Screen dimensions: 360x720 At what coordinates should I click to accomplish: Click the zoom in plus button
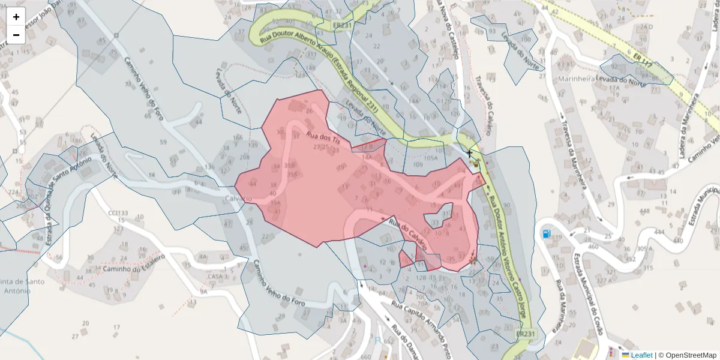point(16,17)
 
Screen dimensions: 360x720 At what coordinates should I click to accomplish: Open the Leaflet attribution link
point(641,355)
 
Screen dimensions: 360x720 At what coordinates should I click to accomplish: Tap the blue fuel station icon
point(546,233)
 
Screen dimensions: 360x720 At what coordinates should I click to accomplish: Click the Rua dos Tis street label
point(323,137)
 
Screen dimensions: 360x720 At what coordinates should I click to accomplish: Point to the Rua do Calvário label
point(407,234)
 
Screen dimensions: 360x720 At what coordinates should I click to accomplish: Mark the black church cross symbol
point(469,155)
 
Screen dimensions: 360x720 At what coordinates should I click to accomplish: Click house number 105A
point(431,158)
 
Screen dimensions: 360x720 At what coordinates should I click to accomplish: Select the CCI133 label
point(118,213)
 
